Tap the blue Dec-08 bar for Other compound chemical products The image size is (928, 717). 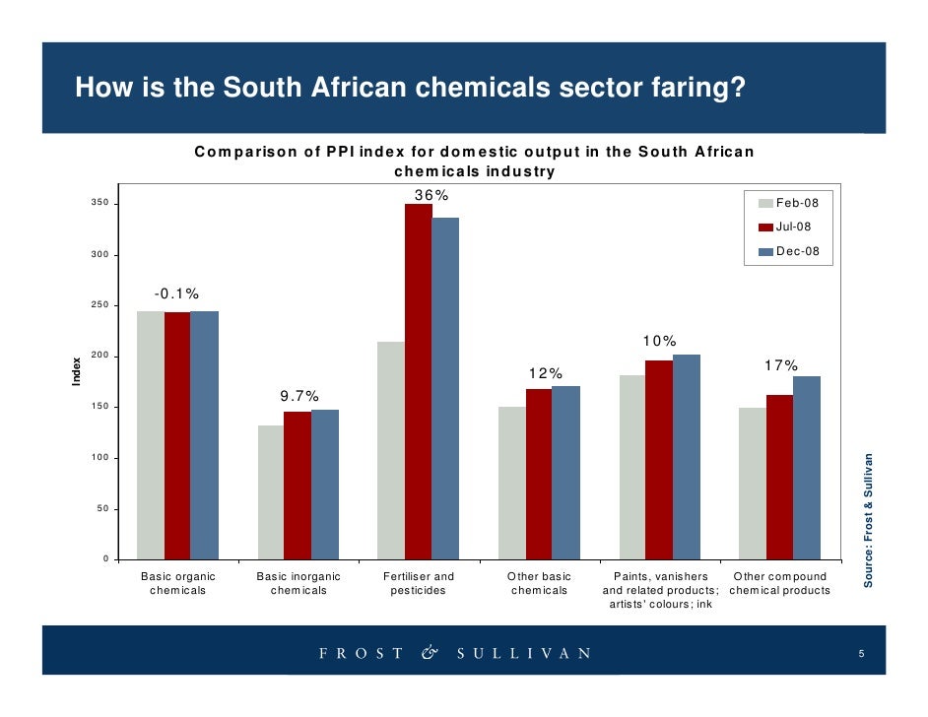[806, 468]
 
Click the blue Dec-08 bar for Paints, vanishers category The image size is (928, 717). [686, 457]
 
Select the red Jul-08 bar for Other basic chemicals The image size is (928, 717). [539, 474]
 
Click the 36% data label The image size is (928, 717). [431, 195]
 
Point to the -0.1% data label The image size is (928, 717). [176, 293]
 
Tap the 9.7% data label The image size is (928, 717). [298, 396]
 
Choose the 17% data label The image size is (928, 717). [781, 365]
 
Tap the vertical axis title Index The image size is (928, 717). [77, 371]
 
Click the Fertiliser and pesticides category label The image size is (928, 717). [418, 583]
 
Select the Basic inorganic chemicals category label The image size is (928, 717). [298, 583]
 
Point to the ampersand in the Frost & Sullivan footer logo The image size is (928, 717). [429, 653]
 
